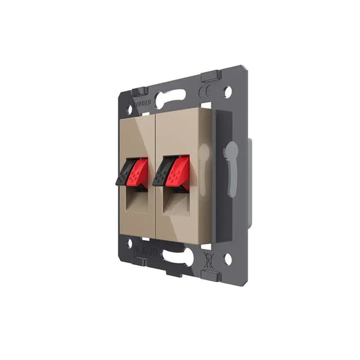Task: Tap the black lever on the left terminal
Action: tap(124, 172)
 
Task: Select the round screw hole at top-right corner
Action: tap(227, 92)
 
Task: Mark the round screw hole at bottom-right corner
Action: tap(227, 259)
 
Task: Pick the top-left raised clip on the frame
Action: tap(139, 89)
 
